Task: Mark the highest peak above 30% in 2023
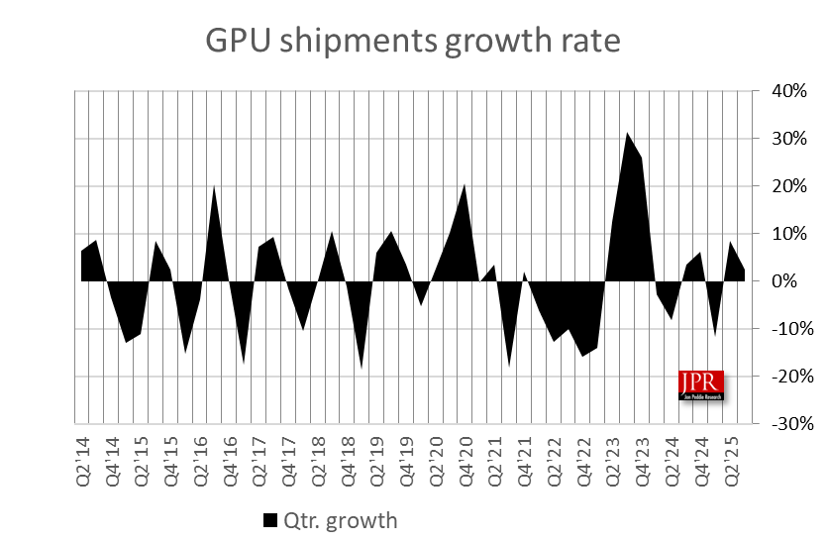pos(627,133)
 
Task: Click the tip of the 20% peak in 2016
pos(215,185)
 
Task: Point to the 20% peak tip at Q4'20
pos(465,185)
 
